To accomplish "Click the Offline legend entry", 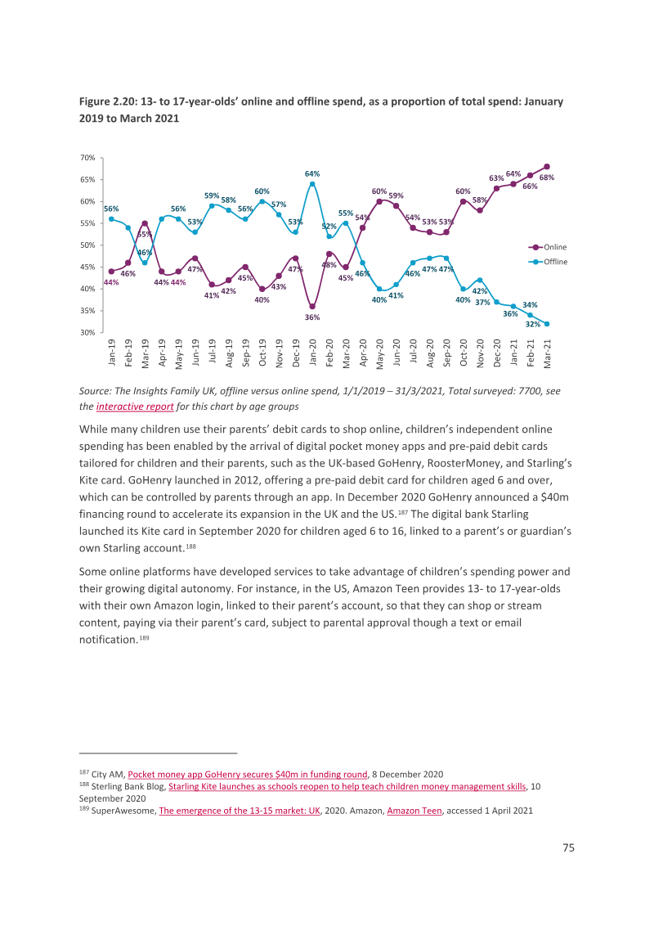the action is [x=548, y=262].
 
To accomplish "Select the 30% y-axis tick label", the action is [x=87, y=332].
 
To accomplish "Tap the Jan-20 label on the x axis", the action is [x=312, y=353].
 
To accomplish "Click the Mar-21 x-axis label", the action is [x=547, y=353].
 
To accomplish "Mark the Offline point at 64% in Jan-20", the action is [x=312, y=184].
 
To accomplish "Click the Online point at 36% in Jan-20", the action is [x=312, y=307].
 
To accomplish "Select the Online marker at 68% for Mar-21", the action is [x=547, y=167].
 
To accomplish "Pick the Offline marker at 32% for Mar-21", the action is [x=547, y=324].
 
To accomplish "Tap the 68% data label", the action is [x=547, y=178].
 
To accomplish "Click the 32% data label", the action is [x=533, y=324].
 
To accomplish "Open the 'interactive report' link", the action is [x=135, y=407].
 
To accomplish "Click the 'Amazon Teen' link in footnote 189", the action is [x=414, y=811].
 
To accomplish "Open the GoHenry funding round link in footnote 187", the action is [x=248, y=774].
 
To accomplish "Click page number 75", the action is [x=568, y=847].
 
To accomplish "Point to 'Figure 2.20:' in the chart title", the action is [x=108, y=101].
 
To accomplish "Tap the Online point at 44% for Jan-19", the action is [x=111, y=271].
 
